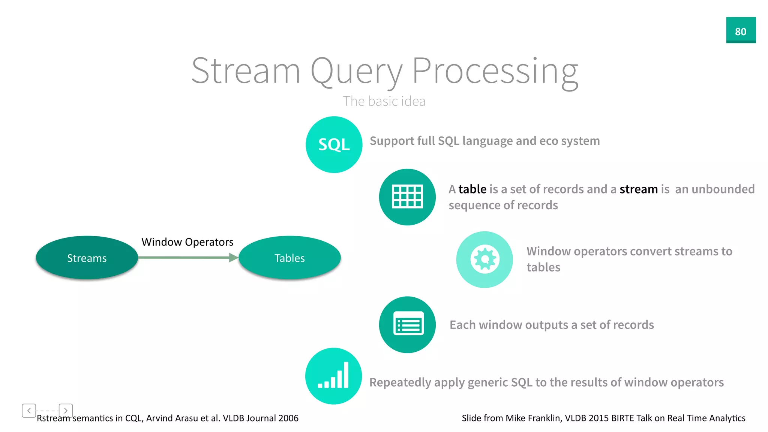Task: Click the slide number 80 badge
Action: [x=741, y=30]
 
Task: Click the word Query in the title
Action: [x=356, y=71]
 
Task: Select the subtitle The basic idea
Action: [x=384, y=101]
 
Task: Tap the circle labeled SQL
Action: [x=334, y=144]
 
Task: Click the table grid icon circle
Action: [x=407, y=197]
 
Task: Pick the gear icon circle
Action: [x=484, y=259]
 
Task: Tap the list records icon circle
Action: [x=407, y=324]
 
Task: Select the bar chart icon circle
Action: [x=333, y=376]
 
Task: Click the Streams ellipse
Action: [x=87, y=258]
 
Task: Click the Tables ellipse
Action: [x=289, y=258]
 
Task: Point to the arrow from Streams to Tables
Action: [x=187, y=257]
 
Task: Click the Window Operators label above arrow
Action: [x=187, y=242]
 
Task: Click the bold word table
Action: [x=472, y=189]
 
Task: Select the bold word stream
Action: [x=638, y=189]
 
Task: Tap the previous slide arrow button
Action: [x=29, y=410]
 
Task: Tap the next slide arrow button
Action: [x=66, y=410]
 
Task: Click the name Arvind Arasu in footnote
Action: [x=169, y=418]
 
